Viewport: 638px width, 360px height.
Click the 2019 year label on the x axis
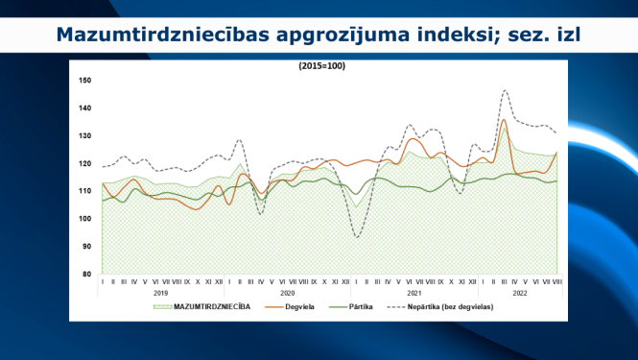(160, 291)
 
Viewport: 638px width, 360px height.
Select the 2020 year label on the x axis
(287, 291)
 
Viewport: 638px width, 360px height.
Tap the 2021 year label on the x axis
(414, 291)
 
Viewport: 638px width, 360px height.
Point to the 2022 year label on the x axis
(519, 291)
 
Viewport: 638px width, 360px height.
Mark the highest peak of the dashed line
(505, 90)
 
